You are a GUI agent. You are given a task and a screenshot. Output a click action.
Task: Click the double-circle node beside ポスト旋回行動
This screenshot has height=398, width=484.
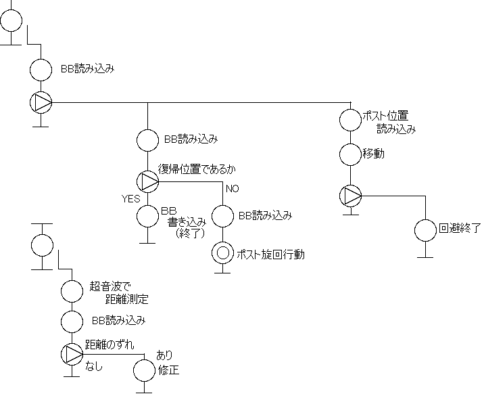pyautogui.click(x=222, y=254)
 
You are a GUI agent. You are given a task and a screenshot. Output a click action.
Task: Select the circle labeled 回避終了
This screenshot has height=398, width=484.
pyautogui.click(x=425, y=230)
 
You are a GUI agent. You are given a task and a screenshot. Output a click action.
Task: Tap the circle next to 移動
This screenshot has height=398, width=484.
pyautogui.click(x=350, y=154)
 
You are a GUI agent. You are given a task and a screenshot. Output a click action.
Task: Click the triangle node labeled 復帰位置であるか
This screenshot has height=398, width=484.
pyautogui.click(x=147, y=181)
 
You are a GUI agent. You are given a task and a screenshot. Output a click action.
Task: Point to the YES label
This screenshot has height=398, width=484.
pyautogui.click(x=130, y=198)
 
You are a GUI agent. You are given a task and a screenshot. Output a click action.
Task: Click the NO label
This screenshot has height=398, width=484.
pyautogui.click(x=233, y=188)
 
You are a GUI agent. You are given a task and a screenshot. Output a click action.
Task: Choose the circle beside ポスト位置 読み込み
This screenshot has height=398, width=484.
pyautogui.click(x=350, y=120)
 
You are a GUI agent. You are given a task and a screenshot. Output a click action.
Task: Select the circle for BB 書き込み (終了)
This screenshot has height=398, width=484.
pyautogui.click(x=147, y=217)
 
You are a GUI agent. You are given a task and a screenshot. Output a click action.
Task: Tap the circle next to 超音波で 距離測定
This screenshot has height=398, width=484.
pyautogui.click(x=72, y=292)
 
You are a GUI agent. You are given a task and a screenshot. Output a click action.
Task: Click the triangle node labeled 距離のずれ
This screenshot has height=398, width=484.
pyautogui.click(x=72, y=353)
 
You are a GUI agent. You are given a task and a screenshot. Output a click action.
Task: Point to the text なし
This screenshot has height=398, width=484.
pyautogui.click(x=93, y=366)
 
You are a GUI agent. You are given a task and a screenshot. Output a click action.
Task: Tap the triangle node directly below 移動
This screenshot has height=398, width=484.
pyautogui.click(x=350, y=196)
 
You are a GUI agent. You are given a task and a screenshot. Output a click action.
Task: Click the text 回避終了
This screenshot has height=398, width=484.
pyautogui.click(x=460, y=228)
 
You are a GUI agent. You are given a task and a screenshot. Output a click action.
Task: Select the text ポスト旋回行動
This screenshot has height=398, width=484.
pyautogui.click(x=270, y=255)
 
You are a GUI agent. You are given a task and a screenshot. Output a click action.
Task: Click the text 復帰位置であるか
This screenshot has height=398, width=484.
pyautogui.click(x=199, y=169)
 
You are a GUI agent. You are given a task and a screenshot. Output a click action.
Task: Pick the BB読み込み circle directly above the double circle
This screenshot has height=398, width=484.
pyautogui.click(x=222, y=217)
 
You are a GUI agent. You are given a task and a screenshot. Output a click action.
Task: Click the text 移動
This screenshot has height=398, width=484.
pyautogui.click(x=374, y=154)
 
